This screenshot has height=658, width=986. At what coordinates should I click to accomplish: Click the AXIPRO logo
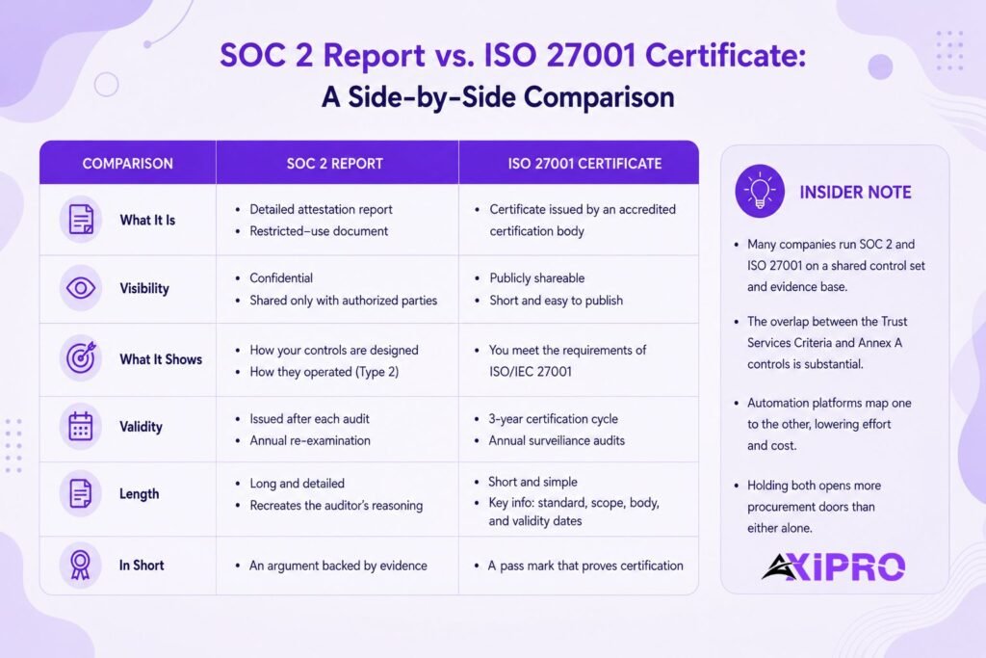coord(833,566)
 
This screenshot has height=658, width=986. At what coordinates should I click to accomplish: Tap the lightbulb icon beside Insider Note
coord(760,192)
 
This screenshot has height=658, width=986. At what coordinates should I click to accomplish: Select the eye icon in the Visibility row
coord(81,288)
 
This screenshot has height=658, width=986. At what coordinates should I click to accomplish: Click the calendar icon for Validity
coord(81,426)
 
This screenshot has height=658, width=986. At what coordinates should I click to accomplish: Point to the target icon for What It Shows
coord(81,358)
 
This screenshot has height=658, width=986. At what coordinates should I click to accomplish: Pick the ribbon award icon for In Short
coord(81,565)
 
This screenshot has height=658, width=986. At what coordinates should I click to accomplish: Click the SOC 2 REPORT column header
coord(334,164)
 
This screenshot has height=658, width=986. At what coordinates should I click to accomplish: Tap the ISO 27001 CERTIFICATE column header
coord(584,164)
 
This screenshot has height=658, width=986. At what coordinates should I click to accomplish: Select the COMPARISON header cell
coord(128,164)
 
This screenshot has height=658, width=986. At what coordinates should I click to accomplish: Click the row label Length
coord(139,494)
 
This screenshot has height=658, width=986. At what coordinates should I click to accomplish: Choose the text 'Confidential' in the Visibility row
coord(281,278)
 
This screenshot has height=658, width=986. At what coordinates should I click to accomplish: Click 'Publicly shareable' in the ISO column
coord(537,278)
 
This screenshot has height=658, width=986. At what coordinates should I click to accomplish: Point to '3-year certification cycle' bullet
coord(554,419)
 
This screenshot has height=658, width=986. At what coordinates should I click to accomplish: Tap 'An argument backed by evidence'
coord(338,566)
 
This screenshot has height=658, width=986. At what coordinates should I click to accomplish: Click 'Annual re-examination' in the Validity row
coord(310,440)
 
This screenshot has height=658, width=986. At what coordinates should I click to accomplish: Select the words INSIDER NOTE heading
coord(855,192)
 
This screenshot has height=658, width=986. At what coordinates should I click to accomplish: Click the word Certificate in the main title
coord(725,55)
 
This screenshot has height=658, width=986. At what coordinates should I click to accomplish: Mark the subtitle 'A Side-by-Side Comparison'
coord(498,97)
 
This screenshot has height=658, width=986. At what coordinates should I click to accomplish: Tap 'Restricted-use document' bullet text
coord(319,231)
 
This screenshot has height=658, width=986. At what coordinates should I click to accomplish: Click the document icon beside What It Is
coord(81,219)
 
